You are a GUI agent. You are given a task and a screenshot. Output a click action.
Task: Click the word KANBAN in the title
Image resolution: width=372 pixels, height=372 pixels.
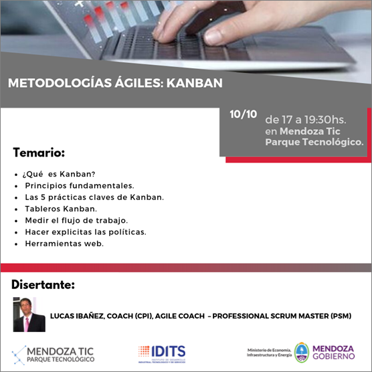195,83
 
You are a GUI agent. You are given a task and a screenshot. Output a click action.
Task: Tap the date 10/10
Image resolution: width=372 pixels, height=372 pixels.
243,114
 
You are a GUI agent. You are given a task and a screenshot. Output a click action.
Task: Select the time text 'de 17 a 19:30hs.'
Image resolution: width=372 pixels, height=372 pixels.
306,120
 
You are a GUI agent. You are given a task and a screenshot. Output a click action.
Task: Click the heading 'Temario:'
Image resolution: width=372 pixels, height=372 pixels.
39,153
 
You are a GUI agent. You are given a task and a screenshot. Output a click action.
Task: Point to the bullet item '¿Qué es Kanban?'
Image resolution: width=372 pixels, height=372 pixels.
59,174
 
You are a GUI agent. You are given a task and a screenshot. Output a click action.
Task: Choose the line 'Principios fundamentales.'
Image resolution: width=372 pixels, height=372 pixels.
80,185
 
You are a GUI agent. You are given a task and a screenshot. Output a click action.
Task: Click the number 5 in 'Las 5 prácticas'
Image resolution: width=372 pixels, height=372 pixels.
43,197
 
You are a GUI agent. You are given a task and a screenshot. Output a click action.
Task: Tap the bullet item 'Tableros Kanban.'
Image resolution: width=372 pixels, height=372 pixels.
61,209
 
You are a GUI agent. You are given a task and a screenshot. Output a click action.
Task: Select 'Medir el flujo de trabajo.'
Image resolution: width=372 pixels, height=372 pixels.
76,220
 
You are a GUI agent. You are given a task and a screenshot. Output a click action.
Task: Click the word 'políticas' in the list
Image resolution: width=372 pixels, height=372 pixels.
126,232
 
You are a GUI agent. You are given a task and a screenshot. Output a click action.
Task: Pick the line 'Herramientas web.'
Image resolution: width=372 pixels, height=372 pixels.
64,244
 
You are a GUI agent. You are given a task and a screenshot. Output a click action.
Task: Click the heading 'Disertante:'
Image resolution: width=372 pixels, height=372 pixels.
43,285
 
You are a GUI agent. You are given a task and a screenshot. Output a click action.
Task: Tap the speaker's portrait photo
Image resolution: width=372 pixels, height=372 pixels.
29,314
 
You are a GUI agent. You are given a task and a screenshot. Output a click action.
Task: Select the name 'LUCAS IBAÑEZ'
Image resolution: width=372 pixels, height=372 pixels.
77,316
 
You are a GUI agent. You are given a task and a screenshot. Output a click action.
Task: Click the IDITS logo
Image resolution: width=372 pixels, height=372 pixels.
162,354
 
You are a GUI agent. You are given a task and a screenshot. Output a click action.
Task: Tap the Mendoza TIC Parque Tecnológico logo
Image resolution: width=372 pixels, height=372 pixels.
53,355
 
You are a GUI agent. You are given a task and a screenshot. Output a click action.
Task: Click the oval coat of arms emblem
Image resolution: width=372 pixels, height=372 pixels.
302,353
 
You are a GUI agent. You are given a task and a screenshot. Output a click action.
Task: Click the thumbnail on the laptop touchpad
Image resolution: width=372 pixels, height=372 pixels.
213,37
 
